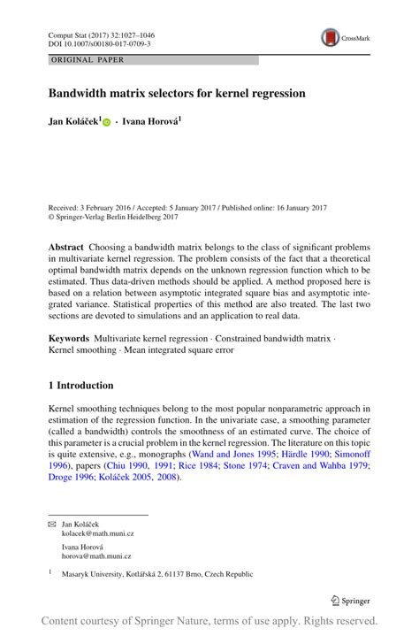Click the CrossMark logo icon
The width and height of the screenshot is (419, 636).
[x=331, y=38]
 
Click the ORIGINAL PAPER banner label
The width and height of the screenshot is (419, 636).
[x=88, y=60]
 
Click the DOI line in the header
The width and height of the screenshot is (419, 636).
[x=99, y=42]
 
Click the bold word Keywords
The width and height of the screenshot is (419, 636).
[x=68, y=338]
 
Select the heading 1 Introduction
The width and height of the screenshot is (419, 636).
[x=80, y=386]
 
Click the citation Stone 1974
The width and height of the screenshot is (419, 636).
[x=245, y=465]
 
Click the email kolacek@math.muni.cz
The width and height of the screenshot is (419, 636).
[x=95, y=534]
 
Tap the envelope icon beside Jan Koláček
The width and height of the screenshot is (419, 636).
[x=52, y=525]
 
